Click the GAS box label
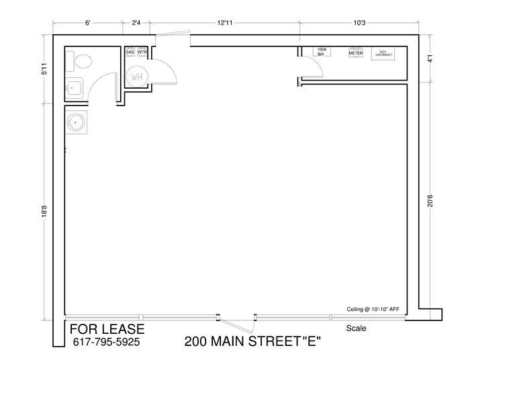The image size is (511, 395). (x=130, y=52)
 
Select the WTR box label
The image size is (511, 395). (x=142, y=52)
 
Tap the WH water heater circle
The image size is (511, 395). (x=137, y=77)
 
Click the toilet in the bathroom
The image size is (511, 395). (x=81, y=62)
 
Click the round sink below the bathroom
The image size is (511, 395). (x=75, y=122)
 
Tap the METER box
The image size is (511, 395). (x=355, y=52)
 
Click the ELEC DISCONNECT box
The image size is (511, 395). (x=383, y=53)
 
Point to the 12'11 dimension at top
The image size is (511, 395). (x=225, y=24)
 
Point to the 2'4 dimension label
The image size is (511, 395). (x=136, y=24)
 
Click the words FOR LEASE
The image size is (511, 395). (x=107, y=329)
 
